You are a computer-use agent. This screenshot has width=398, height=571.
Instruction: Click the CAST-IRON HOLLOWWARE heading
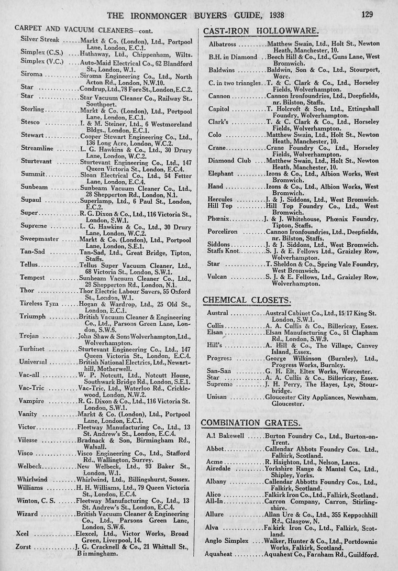pyautogui.click(x=260, y=32)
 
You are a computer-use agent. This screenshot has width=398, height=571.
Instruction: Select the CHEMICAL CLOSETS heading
pyautogui.click(x=247, y=300)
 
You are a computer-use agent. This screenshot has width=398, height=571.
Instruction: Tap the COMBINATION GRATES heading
pyautogui.click(x=252, y=422)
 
